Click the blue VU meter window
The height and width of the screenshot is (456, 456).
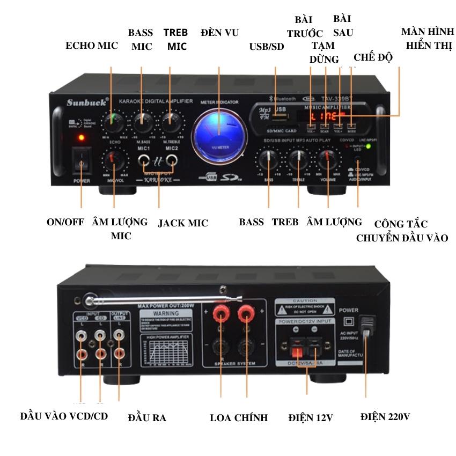219,134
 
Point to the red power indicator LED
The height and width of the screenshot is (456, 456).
81,138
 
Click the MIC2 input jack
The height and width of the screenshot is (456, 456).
171,159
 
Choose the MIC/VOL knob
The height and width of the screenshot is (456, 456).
114,159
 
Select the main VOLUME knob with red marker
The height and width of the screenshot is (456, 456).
328,159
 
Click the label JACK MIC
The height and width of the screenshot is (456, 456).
183,223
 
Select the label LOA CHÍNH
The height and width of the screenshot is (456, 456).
239,417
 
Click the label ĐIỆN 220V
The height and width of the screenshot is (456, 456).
385,416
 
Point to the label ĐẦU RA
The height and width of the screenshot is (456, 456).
147,417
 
